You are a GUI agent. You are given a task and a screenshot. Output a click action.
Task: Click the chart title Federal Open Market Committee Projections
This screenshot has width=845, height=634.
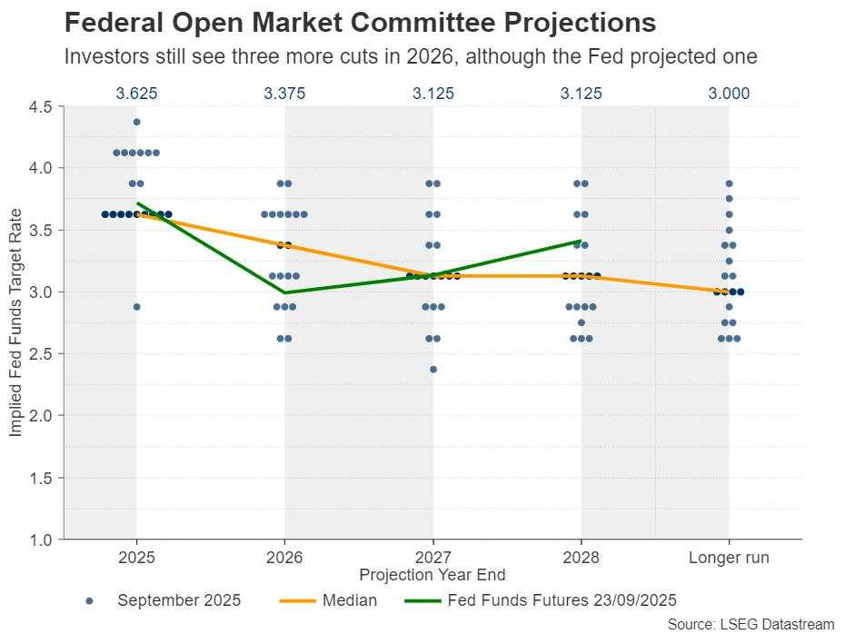360,23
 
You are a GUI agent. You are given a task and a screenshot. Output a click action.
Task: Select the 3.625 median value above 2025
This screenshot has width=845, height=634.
136,93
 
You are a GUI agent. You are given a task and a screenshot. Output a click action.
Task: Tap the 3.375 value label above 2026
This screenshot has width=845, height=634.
284,93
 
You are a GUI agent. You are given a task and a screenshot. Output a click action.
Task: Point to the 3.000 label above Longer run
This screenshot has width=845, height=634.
729,93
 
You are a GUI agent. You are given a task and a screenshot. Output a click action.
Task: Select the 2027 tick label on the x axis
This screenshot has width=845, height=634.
432,558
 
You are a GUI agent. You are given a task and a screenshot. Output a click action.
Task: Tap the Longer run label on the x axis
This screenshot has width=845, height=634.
729,558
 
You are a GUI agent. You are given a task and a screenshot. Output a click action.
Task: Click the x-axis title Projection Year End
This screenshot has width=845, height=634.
432,575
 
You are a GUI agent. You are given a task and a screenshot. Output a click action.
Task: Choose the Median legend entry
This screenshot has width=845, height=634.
350,600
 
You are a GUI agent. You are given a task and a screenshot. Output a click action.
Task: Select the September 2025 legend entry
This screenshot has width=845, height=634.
179,600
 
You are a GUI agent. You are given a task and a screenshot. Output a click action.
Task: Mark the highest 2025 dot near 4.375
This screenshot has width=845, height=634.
136,122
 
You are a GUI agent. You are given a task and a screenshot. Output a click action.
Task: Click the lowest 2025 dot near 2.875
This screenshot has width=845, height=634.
136,307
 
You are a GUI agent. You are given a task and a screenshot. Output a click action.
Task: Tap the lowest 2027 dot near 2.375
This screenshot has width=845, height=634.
432,370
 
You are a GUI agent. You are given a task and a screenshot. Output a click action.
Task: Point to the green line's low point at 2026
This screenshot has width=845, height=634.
284,292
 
